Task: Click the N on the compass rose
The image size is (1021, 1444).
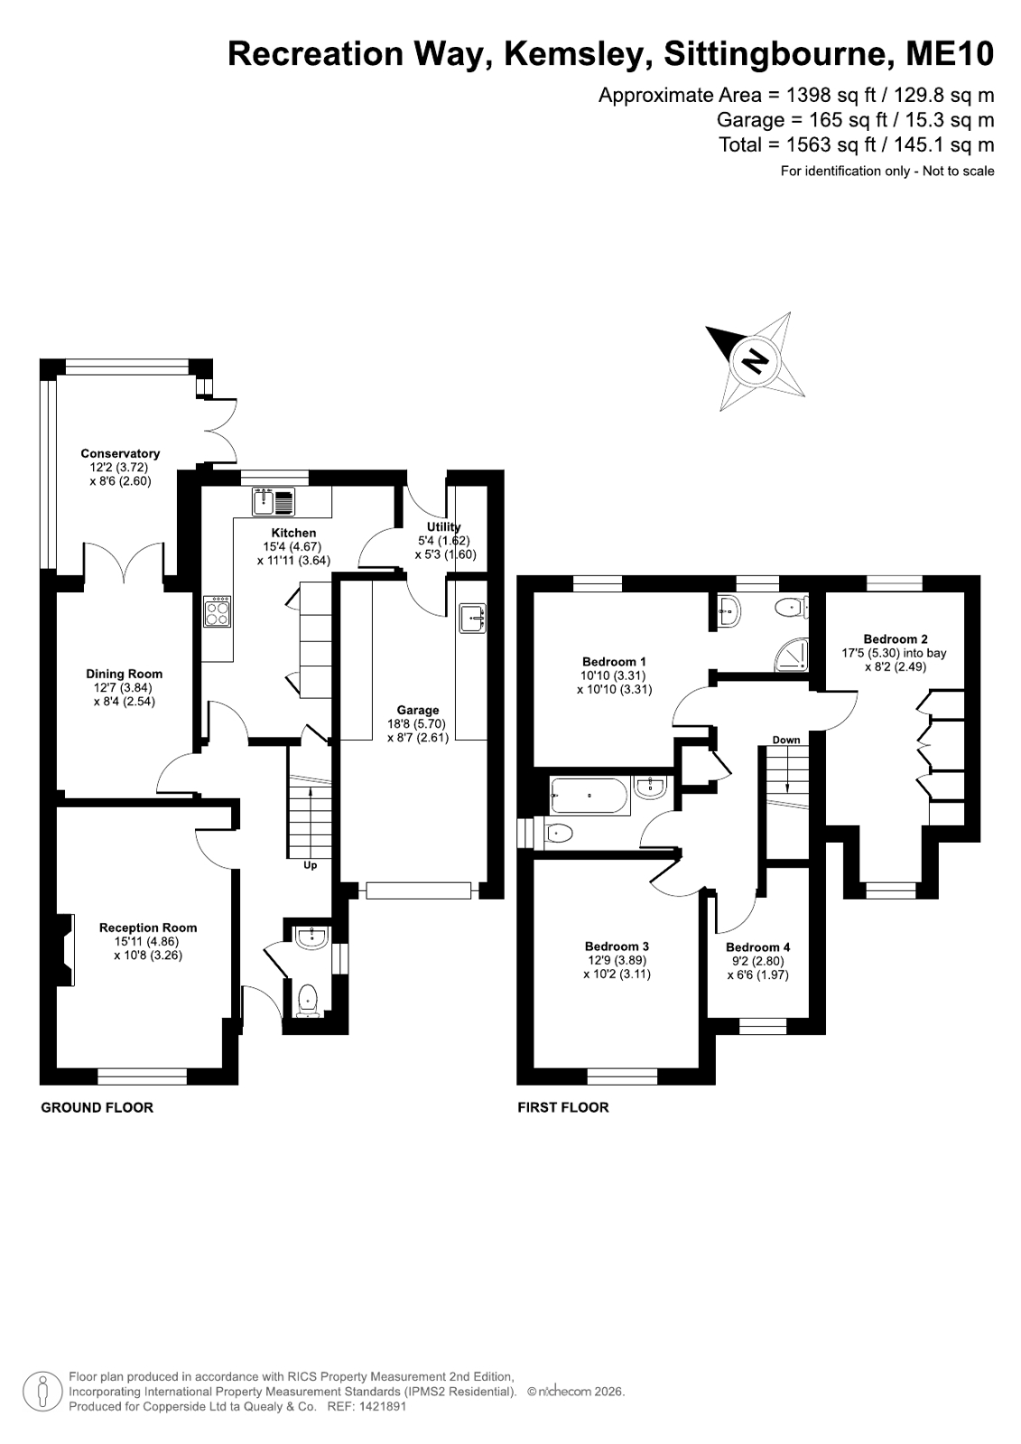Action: click(755, 360)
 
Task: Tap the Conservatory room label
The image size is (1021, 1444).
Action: click(120, 453)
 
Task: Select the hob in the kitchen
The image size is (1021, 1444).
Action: click(217, 611)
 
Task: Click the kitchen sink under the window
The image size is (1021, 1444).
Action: click(274, 501)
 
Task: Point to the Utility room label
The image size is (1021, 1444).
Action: click(443, 526)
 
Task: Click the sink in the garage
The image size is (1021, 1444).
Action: click(472, 619)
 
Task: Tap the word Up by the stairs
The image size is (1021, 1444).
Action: click(310, 865)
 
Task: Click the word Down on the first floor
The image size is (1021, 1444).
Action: click(786, 740)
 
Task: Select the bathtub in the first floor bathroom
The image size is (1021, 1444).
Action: click(588, 796)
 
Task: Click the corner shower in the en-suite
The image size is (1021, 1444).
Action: click(792, 655)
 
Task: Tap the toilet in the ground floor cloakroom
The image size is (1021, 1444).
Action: click(309, 1000)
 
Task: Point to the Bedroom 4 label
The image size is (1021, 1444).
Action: click(757, 947)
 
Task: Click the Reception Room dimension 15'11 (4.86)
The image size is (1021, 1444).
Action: click(148, 941)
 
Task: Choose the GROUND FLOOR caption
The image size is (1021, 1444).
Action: click(97, 1107)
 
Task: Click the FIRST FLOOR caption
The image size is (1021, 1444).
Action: click(563, 1107)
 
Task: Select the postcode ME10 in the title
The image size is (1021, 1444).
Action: click(950, 53)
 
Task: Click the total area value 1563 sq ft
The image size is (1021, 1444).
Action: click(831, 144)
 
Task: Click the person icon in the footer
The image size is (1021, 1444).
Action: click(42, 1391)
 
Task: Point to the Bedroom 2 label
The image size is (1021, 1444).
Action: click(896, 638)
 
